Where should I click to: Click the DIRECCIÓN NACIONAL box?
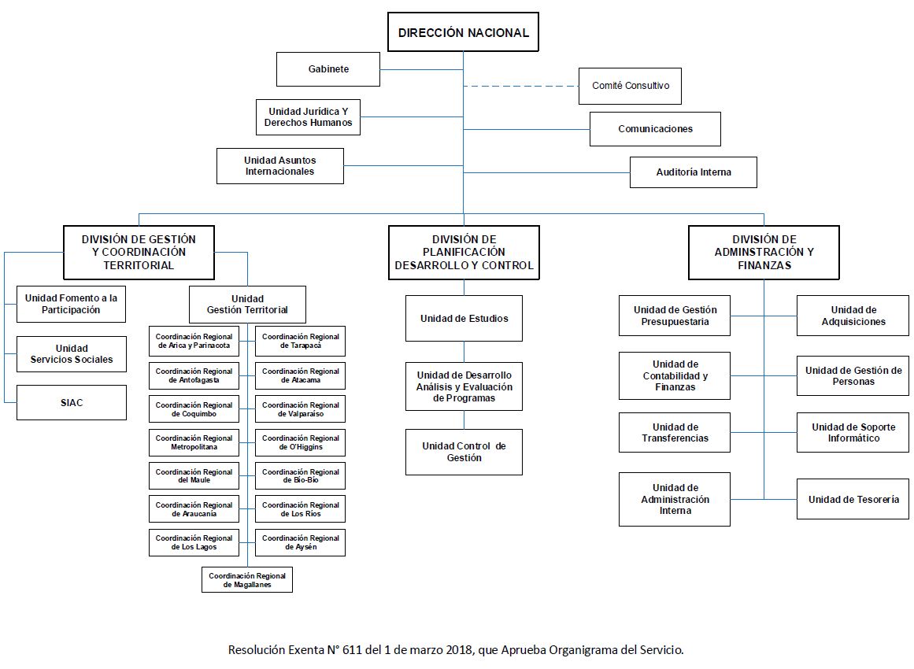(x=463, y=32)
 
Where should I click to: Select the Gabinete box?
(x=328, y=69)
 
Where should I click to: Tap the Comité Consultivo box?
(x=630, y=86)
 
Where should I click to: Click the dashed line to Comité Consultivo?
(x=521, y=87)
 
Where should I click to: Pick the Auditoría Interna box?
(x=693, y=172)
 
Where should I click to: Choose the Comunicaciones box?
(x=655, y=129)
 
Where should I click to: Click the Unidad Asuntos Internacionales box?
(x=279, y=166)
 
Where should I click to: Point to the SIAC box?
(x=72, y=403)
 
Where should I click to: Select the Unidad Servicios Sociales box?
(x=71, y=353)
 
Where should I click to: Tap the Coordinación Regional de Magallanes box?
(x=247, y=580)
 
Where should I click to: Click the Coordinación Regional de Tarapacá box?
(x=300, y=341)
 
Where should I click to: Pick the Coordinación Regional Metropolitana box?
(x=194, y=442)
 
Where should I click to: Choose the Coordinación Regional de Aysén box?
(x=300, y=542)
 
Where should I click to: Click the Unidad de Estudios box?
(x=464, y=318)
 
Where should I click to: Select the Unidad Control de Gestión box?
(x=464, y=452)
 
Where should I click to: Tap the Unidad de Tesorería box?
(x=853, y=499)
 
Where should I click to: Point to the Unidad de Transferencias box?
(x=675, y=432)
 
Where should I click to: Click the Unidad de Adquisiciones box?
(x=853, y=316)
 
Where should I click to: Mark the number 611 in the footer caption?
(x=353, y=650)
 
